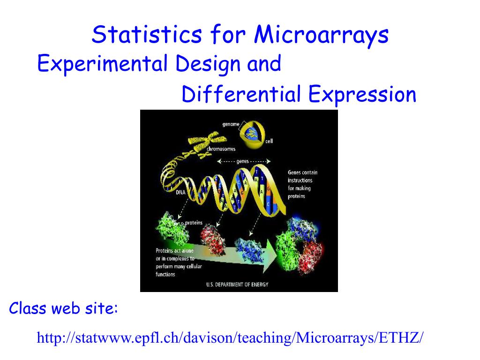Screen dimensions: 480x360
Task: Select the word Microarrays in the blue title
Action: click(321, 35)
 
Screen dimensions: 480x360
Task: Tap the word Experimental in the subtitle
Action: click(102, 64)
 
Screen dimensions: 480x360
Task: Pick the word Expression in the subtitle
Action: click(362, 95)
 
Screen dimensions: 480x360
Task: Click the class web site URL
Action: click(230, 337)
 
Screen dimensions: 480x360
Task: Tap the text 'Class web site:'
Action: click(63, 308)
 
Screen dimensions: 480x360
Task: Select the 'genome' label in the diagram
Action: click(231, 124)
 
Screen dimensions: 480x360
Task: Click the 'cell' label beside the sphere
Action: click(269, 141)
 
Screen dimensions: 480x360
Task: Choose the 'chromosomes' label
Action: click(221, 149)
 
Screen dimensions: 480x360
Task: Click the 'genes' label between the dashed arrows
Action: click(242, 161)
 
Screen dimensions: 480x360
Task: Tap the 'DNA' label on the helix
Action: click(180, 192)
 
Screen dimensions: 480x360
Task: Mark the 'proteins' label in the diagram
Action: click(194, 223)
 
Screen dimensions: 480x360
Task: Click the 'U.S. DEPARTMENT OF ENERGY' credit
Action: click(237, 285)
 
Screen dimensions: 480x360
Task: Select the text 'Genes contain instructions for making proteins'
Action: click(302, 184)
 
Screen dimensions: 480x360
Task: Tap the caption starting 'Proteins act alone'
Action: click(179, 262)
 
